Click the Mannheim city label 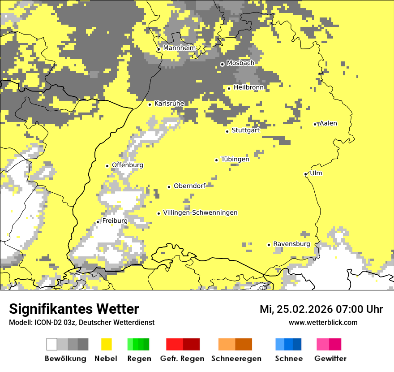(179, 48)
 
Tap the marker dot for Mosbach (222, 64)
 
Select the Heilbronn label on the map (248, 87)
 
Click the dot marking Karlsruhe (150, 104)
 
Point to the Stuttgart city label (245, 130)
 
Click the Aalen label (328, 123)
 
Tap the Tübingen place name (235, 159)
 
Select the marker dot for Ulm (306, 174)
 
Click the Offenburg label (127, 165)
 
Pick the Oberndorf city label (189, 186)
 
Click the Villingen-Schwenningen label (200, 212)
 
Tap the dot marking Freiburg (98, 222)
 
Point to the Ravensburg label (291, 244)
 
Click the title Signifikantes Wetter (74, 309)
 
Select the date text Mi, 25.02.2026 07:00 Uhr (321, 309)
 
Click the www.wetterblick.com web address (323, 322)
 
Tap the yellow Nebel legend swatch (106, 344)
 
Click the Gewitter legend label (330, 359)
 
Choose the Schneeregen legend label (236, 359)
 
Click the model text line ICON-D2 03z (81, 322)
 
